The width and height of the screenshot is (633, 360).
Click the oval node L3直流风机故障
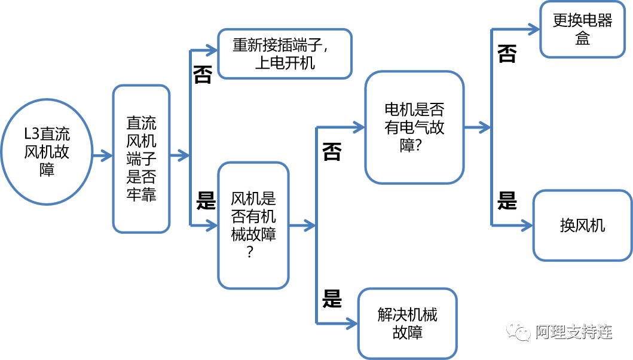[47, 152]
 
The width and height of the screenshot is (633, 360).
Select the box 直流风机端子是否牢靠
[142, 158]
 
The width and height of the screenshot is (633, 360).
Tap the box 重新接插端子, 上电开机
[285, 54]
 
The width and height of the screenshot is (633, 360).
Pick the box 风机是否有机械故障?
[253, 225]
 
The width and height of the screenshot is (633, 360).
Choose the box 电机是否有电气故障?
[414, 127]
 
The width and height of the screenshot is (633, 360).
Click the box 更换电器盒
[582, 30]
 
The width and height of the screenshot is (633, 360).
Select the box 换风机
[582, 225]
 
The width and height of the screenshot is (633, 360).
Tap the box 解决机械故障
[407, 324]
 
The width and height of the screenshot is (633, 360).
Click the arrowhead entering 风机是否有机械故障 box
[212, 225]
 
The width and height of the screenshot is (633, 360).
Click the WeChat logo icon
[518, 330]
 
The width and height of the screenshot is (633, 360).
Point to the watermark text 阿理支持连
[573, 331]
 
